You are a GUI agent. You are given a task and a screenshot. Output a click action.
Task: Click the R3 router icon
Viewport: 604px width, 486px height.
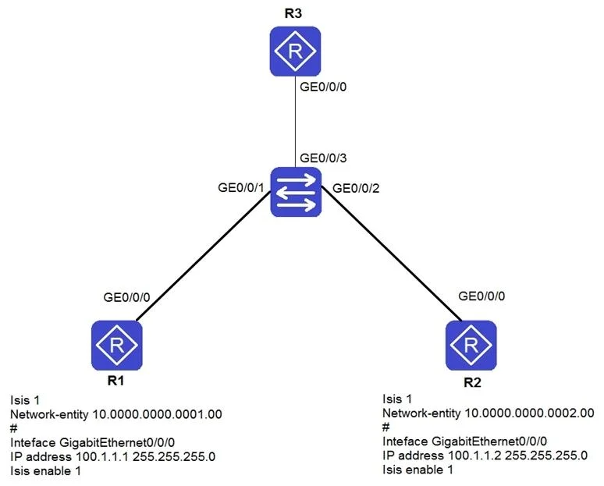click(295, 51)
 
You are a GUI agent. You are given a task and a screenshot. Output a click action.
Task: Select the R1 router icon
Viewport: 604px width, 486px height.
click(117, 345)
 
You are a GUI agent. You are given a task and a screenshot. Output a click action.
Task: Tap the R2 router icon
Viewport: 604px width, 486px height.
click(471, 345)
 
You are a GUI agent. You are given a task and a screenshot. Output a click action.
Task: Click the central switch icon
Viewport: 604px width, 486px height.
click(296, 192)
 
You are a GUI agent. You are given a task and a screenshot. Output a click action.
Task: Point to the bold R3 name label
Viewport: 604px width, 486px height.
click(293, 13)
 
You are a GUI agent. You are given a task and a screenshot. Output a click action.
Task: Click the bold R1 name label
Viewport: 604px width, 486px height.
click(115, 381)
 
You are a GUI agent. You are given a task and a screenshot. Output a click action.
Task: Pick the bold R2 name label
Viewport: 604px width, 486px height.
click(472, 382)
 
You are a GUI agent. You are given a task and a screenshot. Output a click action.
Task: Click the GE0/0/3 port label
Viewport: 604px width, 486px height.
click(323, 158)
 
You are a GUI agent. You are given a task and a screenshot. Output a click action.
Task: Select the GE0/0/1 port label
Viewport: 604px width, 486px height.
click(241, 187)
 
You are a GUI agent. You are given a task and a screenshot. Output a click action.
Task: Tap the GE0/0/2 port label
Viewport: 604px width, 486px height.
click(356, 188)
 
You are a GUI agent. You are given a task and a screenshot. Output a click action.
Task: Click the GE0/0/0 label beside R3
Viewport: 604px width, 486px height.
click(323, 87)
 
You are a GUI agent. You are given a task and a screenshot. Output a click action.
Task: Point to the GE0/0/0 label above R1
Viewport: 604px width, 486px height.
click(126, 297)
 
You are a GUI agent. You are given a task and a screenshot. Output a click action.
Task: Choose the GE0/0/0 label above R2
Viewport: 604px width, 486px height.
click(481, 296)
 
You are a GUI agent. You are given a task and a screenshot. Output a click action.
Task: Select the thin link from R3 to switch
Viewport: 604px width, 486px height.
click(296, 122)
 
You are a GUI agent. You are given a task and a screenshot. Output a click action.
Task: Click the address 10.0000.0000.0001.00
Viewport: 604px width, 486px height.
click(158, 414)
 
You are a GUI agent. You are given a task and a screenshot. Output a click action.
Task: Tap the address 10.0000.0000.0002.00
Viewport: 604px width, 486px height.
click(530, 413)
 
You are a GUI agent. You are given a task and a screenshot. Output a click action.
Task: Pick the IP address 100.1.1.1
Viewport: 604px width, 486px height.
click(102, 456)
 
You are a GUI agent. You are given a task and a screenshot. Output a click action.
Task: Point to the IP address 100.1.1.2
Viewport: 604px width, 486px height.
click(474, 456)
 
